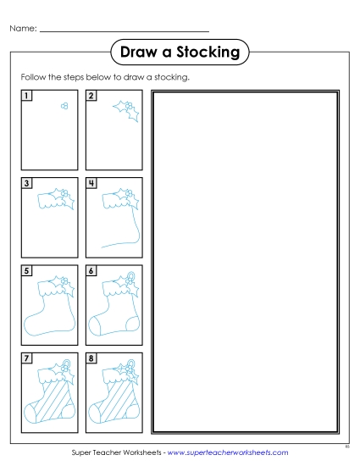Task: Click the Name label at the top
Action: [x=23, y=29]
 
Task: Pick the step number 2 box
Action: [x=91, y=95]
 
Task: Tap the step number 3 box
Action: [x=26, y=182]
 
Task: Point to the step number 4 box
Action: [x=91, y=182]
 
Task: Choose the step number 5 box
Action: [x=26, y=270]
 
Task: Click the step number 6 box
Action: [x=91, y=270]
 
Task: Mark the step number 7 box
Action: [x=26, y=358]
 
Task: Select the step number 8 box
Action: [x=91, y=358]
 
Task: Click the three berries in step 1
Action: [x=63, y=106]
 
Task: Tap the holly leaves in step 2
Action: [x=127, y=108]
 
